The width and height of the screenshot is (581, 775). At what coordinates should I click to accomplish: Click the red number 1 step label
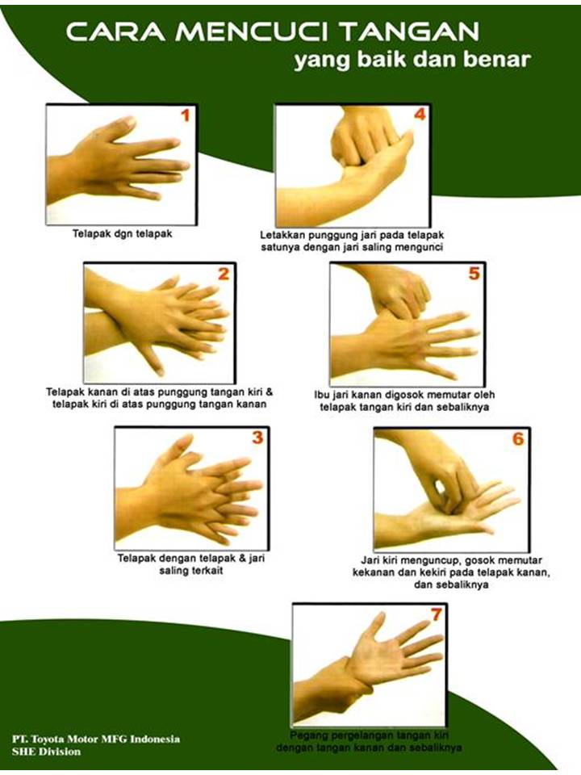(x=184, y=116)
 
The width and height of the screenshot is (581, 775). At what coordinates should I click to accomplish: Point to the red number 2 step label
(x=224, y=274)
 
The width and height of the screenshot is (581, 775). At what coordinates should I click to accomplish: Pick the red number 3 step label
(x=257, y=438)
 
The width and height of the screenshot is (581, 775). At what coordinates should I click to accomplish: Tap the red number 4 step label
(x=420, y=115)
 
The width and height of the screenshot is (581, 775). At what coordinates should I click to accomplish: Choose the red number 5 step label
(x=474, y=274)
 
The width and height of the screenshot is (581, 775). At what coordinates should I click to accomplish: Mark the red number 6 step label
(x=517, y=439)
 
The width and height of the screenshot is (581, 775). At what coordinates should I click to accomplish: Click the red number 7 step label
(x=437, y=614)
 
